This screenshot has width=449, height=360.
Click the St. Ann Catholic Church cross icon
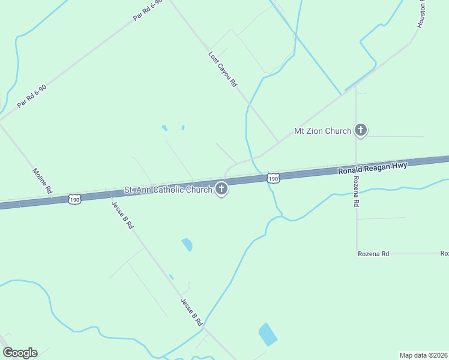click(221, 190)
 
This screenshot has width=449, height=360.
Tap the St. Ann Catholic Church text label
click(168, 190)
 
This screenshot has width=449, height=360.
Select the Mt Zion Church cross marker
click(361, 130)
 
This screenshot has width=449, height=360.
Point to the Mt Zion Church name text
click(322, 131)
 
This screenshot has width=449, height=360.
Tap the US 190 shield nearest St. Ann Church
click(273, 179)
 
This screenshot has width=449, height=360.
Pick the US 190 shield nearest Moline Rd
click(74, 199)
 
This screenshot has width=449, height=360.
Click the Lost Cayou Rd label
click(223, 70)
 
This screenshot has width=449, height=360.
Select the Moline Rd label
click(42, 180)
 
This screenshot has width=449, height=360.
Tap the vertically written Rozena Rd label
click(356, 191)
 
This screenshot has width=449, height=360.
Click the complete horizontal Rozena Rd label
click(373, 254)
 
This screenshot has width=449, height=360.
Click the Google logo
click(20, 353)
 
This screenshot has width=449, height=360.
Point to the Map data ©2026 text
click(423, 355)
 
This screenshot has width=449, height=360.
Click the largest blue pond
click(268, 334)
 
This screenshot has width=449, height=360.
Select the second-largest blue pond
click(187, 244)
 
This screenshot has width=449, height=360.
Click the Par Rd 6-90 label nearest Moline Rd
click(32, 96)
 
